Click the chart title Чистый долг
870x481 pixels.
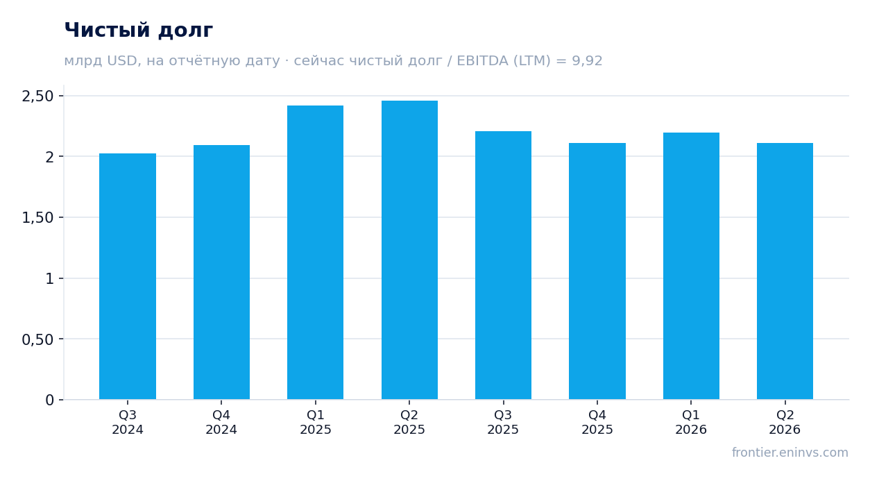click(138, 31)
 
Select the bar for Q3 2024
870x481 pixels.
click(128, 276)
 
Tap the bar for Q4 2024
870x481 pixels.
click(221, 272)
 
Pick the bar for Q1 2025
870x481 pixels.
click(316, 252)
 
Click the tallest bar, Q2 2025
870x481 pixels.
click(409, 250)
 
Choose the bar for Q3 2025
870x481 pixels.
click(504, 265)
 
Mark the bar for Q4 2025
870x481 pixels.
click(597, 271)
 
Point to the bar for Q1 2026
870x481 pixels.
click(691, 266)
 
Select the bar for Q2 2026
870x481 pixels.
click(785, 271)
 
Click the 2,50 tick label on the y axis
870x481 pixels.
click(37, 96)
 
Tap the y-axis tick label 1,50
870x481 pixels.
click(37, 218)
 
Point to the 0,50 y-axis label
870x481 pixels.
click(37, 340)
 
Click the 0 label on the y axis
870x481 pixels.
click(49, 400)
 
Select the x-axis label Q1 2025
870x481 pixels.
click(316, 422)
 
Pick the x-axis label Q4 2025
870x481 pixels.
click(597, 422)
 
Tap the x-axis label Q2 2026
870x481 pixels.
click(785, 422)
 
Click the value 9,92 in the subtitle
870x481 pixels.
click(587, 61)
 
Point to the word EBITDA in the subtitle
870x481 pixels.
click(482, 60)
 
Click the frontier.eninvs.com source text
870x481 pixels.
click(790, 453)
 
